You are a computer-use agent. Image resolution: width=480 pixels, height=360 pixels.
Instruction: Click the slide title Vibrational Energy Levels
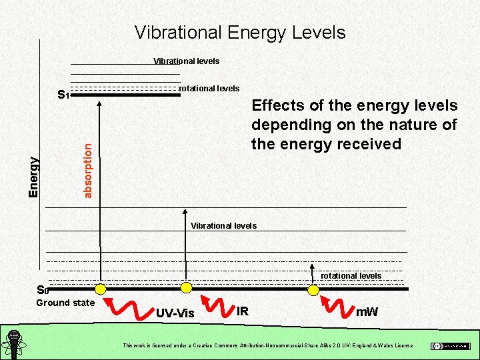(240, 32)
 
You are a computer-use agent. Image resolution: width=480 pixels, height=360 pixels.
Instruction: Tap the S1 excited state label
(63, 95)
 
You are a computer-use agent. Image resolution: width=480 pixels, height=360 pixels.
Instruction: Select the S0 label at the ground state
(43, 290)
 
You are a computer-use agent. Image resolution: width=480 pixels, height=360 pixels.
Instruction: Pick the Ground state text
(65, 303)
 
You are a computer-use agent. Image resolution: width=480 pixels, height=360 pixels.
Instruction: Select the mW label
(367, 311)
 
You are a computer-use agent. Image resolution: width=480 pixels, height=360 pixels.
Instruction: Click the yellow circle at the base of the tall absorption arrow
(101, 289)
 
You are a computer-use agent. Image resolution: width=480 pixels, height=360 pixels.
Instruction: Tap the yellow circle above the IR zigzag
(187, 287)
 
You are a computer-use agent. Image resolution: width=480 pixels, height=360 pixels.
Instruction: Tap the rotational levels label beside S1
(209, 89)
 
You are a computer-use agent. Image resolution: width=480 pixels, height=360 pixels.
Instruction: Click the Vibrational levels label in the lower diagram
(223, 226)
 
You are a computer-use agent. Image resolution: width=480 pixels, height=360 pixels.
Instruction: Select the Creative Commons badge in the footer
(450, 345)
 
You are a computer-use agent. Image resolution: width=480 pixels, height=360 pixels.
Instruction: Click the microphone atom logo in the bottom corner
(13, 344)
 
